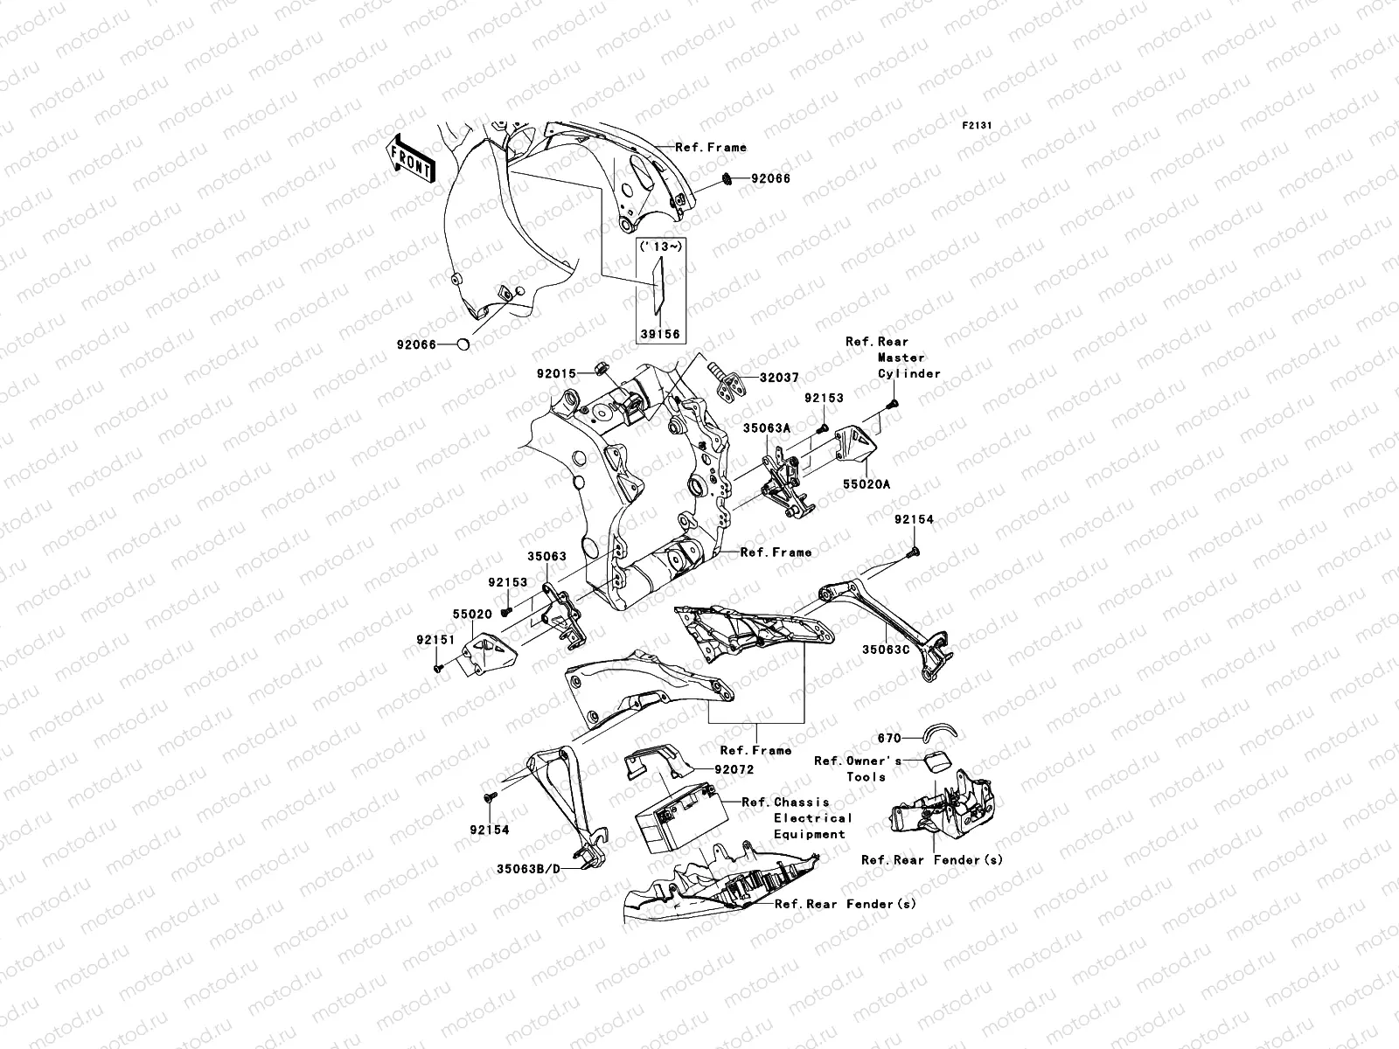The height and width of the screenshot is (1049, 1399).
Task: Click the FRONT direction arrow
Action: click(412, 157)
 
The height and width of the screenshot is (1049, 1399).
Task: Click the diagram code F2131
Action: click(979, 126)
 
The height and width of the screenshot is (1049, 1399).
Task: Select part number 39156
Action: click(661, 334)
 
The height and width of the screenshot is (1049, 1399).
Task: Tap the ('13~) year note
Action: click(661, 247)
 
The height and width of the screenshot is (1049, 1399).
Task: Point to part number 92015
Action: click(557, 373)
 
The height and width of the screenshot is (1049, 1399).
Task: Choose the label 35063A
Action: click(767, 428)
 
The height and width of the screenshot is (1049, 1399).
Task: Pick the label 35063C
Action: click(887, 650)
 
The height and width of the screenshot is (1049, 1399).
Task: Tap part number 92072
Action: click(734, 770)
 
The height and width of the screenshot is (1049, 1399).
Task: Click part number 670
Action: click(890, 739)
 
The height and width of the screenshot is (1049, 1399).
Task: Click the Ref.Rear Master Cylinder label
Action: click(893, 358)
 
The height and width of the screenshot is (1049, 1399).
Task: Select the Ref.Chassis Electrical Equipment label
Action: click(796, 818)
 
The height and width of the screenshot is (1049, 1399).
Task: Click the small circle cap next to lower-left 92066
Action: click(463, 345)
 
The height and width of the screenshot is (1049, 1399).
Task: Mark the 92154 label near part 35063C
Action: click(914, 519)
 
